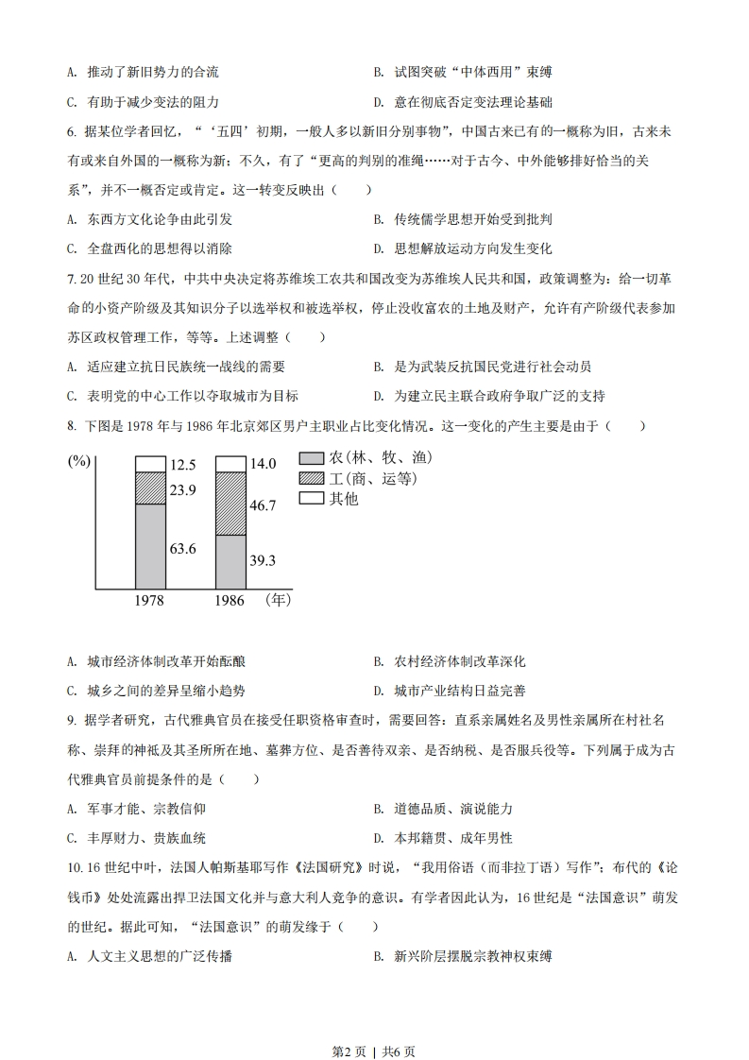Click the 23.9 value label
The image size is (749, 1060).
[x=183, y=489]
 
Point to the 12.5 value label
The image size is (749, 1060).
[x=183, y=464]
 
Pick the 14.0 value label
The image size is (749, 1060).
[x=262, y=464]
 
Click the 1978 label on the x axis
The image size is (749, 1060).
[x=150, y=601]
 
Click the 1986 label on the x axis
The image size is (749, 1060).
[x=230, y=601]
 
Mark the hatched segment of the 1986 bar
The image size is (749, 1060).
[x=230, y=504]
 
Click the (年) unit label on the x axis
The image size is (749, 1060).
[x=279, y=599]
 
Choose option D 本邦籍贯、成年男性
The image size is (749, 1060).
[x=444, y=837]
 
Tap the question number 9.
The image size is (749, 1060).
[x=71, y=720]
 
